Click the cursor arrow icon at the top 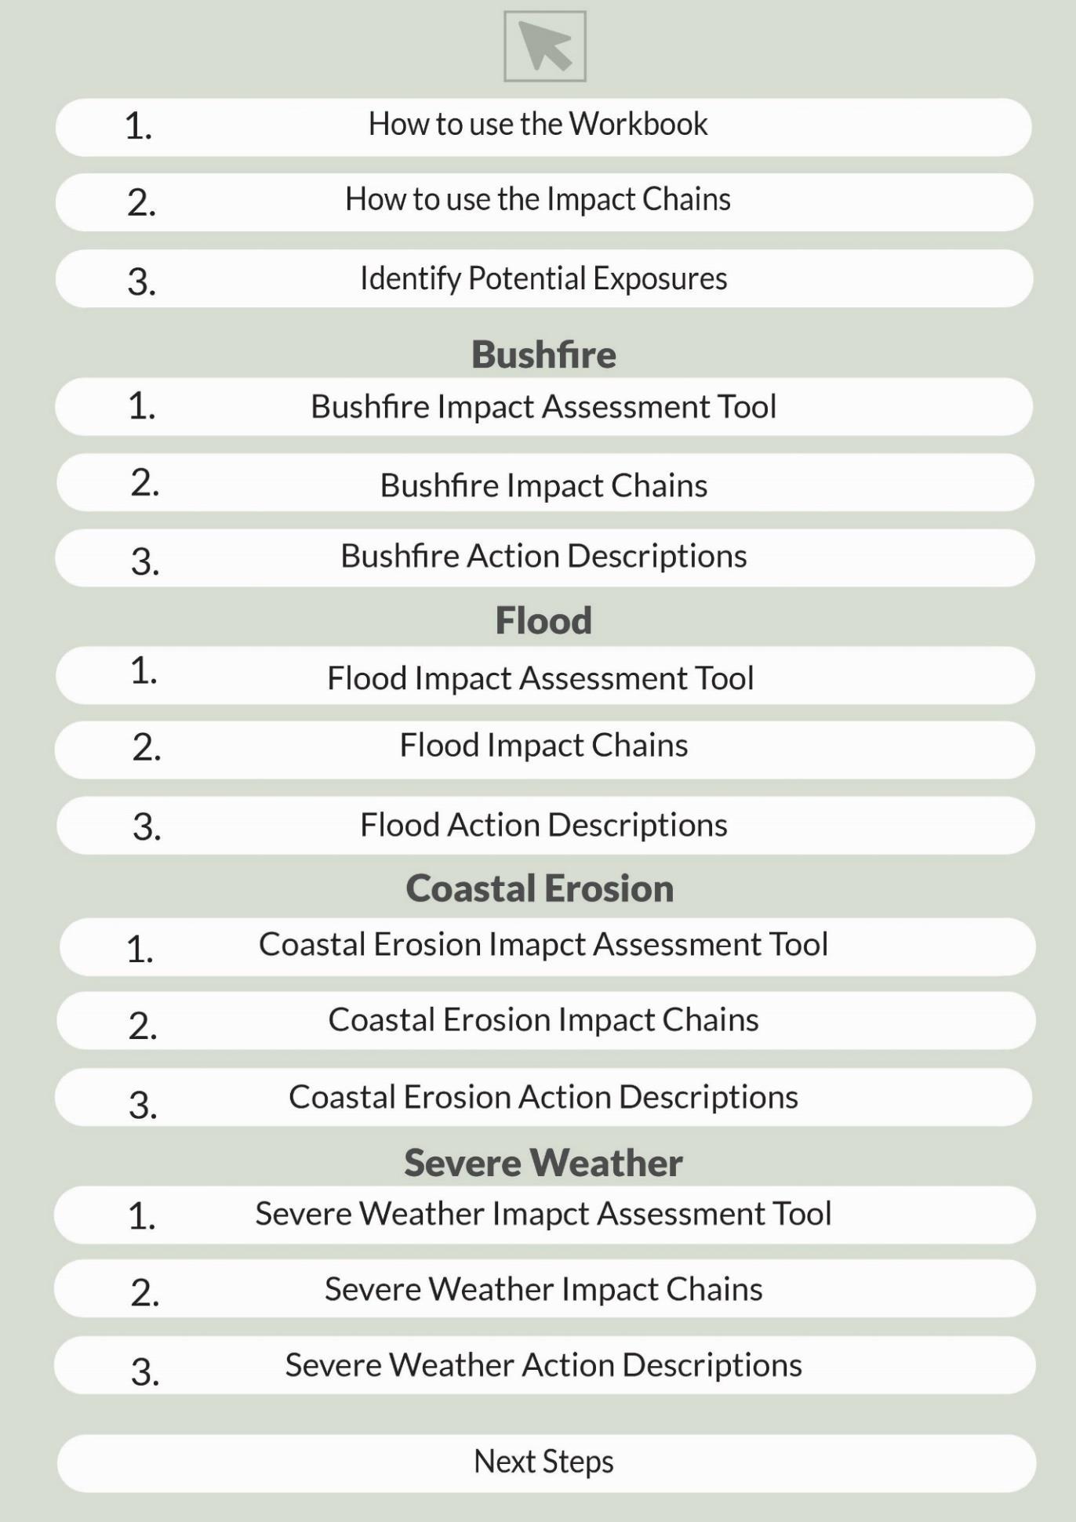click(544, 46)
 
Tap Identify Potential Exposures click(543, 278)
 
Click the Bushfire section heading click(543, 354)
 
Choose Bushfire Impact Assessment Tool click(543, 407)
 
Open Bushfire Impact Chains click(543, 485)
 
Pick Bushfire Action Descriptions click(543, 557)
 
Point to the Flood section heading click(543, 620)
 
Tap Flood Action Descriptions click(543, 825)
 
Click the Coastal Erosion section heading click(540, 888)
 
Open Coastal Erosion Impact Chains click(543, 1020)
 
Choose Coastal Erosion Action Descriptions click(543, 1097)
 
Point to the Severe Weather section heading click(543, 1162)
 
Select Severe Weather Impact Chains click(543, 1289)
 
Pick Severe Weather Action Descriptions click(543, 1365)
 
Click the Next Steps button click(543, 1462)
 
